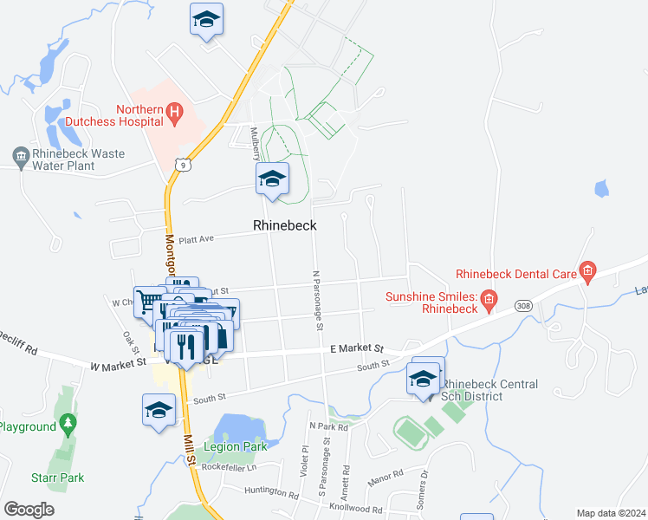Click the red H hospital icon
(x=175, y=111)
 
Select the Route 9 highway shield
(x=182, y=163)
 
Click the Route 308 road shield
(x=522, y=306)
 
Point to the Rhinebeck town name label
(x=284, y=225)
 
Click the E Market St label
(x=357, y=348)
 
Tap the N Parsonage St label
(x=317, y=300)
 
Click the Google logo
(x=29, y=509)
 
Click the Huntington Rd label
(x=271, y=493)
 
